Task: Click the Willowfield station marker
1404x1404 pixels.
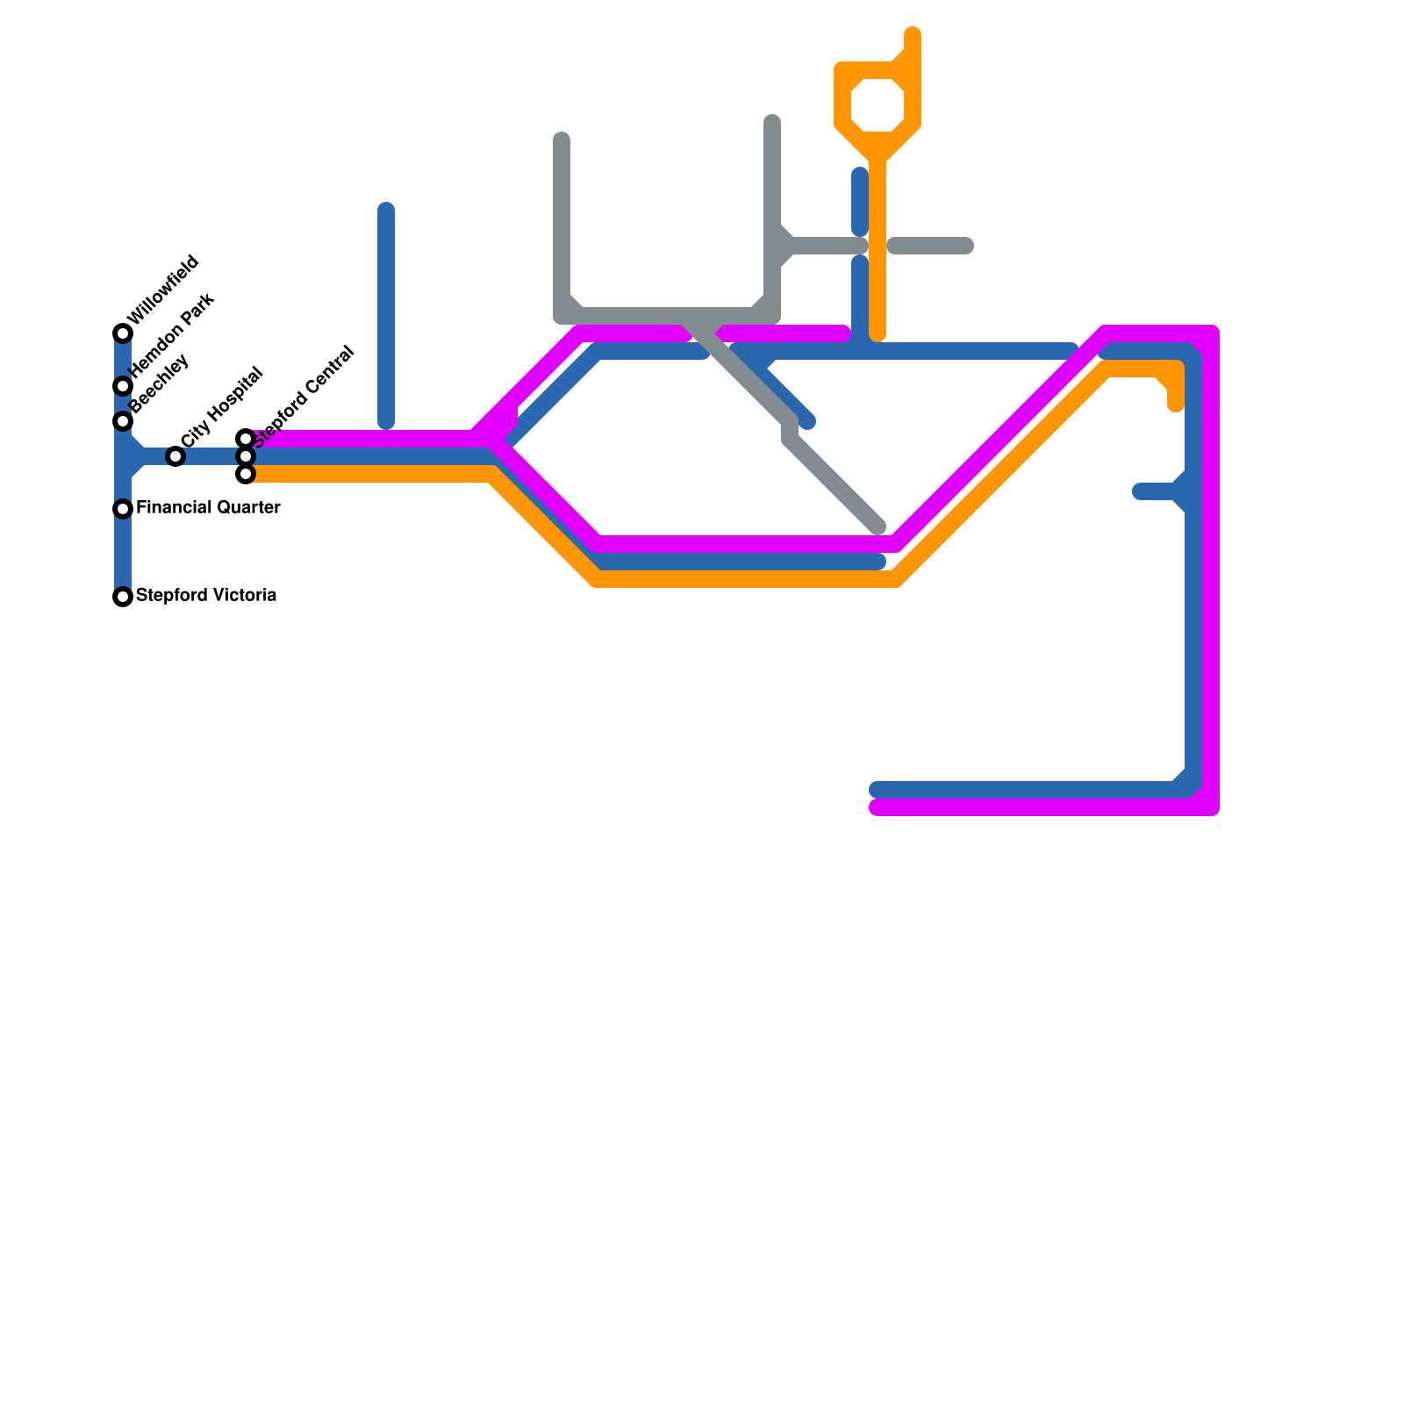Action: [x=123, y=333]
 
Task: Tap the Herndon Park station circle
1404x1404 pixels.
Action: [x=123, y=386]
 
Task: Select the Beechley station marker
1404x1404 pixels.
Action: [x=123, y=421]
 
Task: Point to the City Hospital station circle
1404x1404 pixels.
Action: [x=175, y=456]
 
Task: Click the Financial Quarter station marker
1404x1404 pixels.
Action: [x=123, y=509]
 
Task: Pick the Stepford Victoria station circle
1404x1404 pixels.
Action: [x=123, y=597]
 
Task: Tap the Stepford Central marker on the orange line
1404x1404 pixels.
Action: [x=246, y=474]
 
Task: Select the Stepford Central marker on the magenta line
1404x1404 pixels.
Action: [x=246, y=439]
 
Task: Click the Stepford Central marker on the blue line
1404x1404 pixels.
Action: [x=246, y=456]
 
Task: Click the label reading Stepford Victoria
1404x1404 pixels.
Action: [x=206, y=596]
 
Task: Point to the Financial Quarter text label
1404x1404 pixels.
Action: [x=208, y=508]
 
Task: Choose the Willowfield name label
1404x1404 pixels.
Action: [x=163, y=290]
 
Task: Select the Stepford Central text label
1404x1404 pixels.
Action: [x=304, y=397]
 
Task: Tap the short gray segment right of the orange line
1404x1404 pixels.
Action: [x=930, y=246]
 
